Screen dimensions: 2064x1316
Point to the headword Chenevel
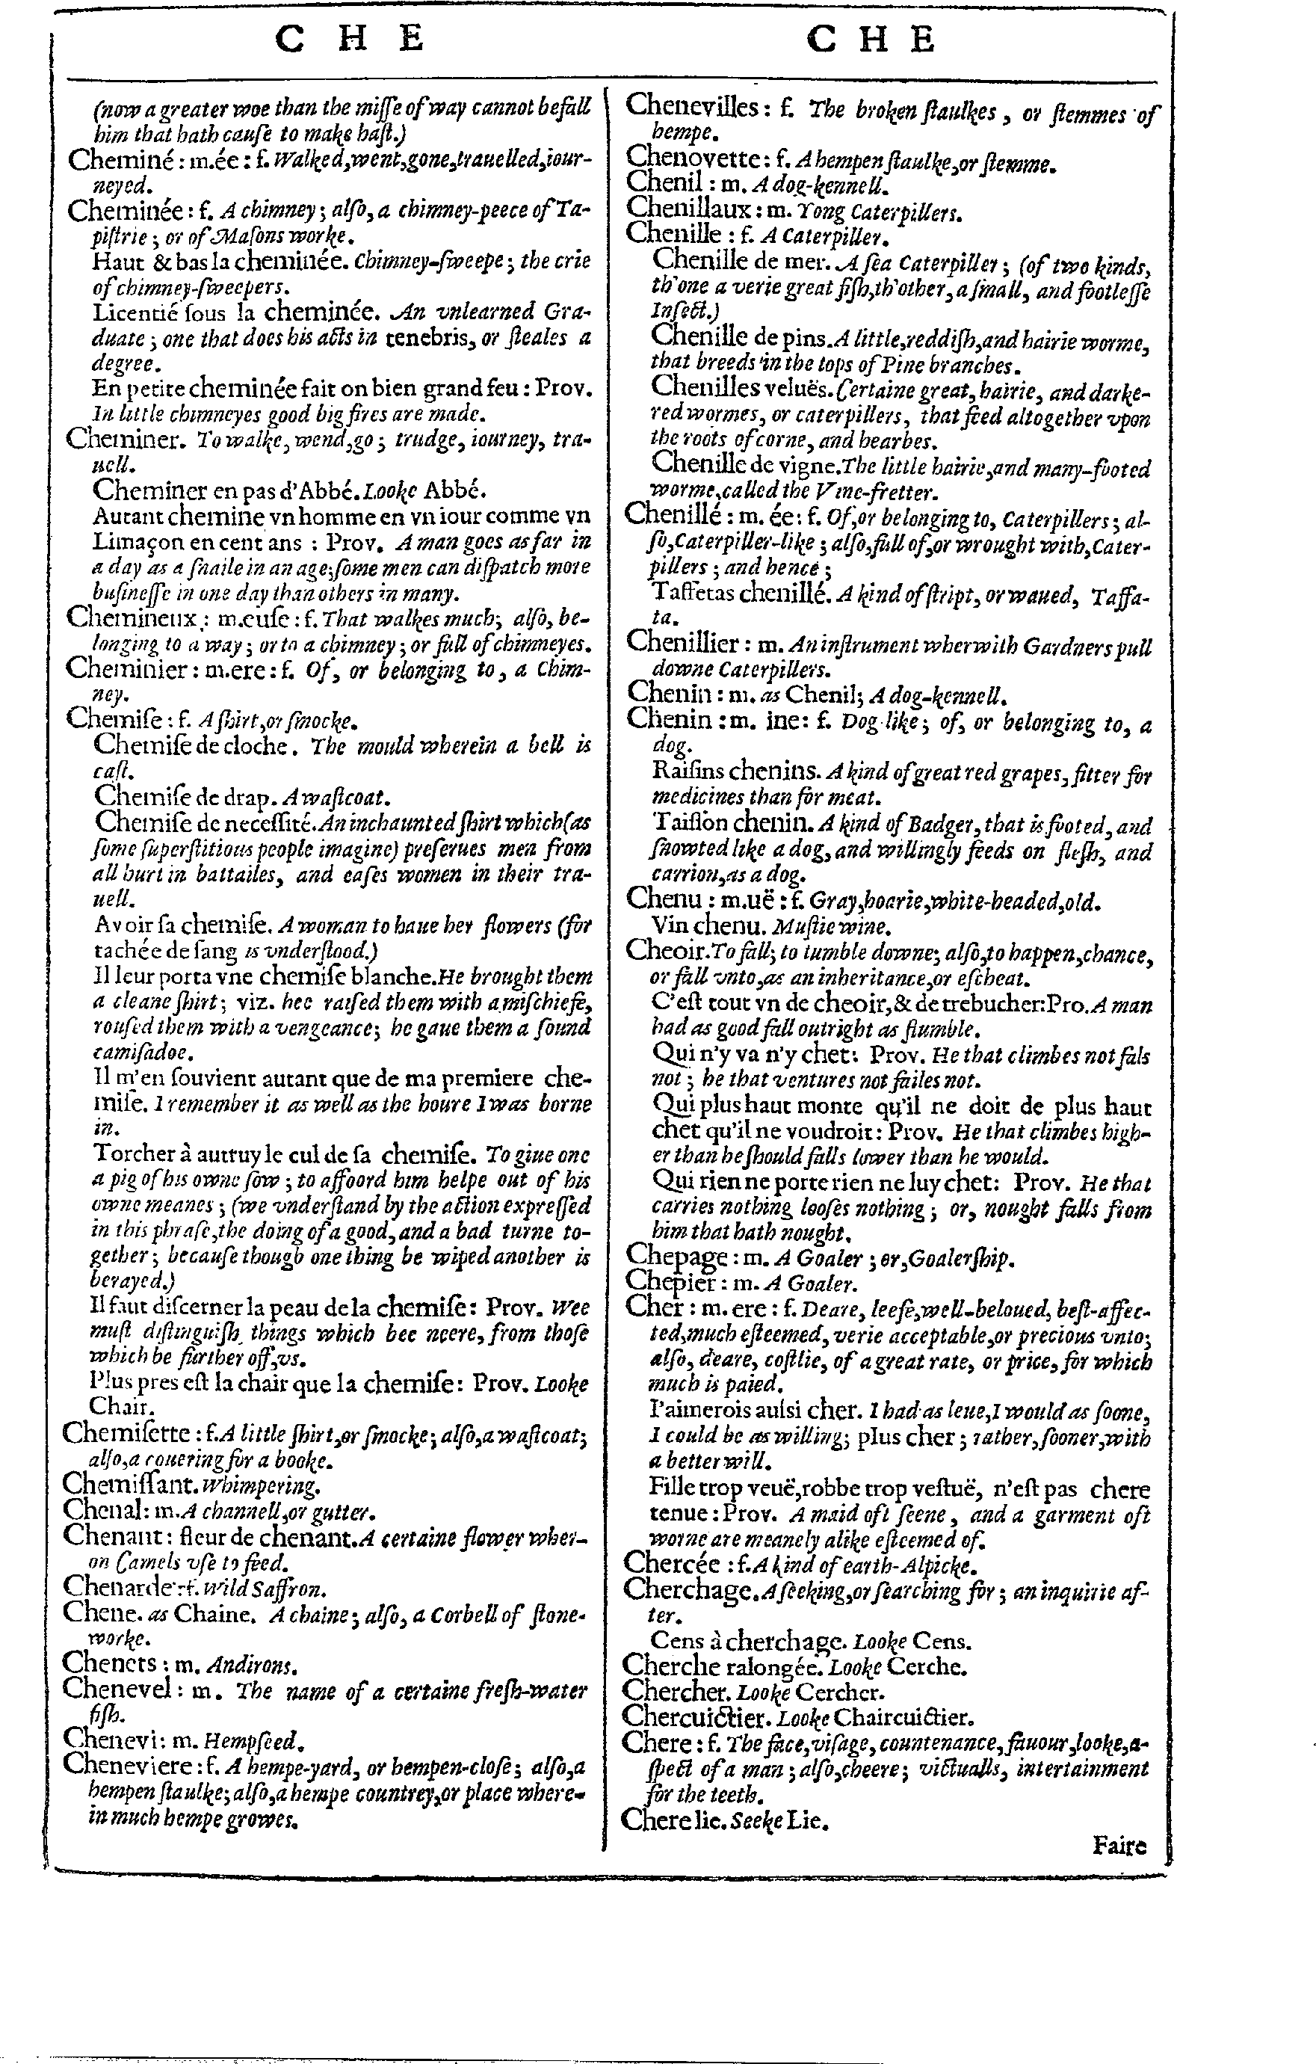click(x=116, y=1691)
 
